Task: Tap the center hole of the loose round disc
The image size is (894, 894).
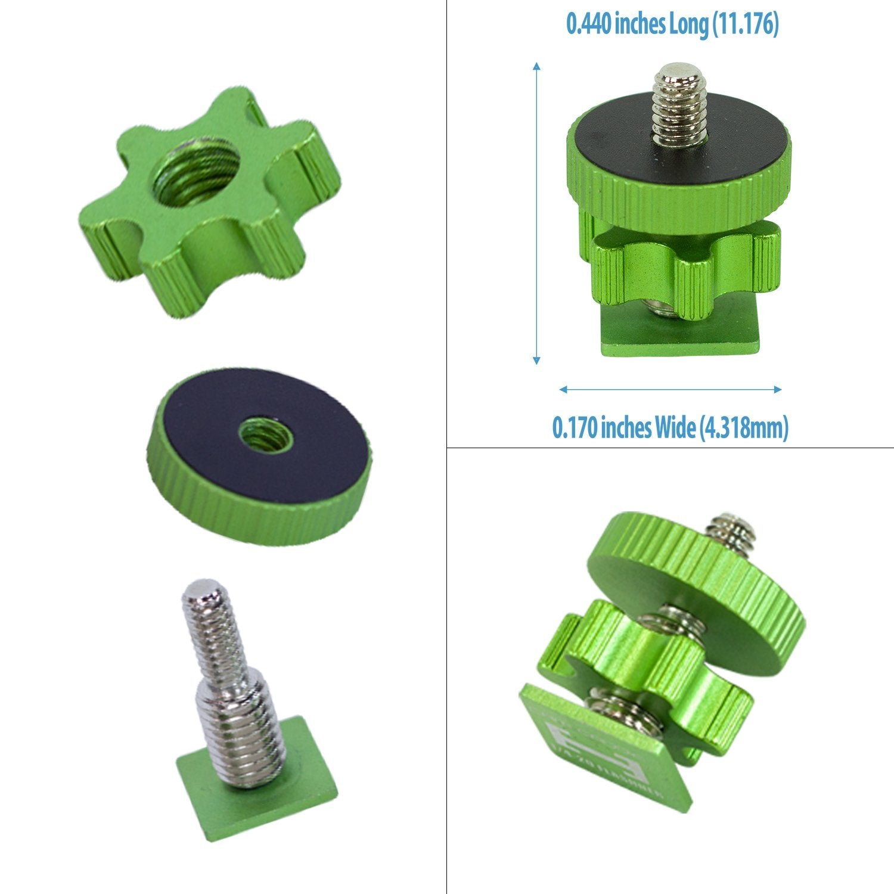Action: point(266,434)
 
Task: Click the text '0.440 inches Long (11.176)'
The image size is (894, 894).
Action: point(672,25)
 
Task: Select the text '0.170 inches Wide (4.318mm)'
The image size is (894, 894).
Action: point(670,427)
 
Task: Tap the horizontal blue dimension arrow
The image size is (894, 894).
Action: point(670,390)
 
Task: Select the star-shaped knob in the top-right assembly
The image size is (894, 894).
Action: point(685,268)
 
